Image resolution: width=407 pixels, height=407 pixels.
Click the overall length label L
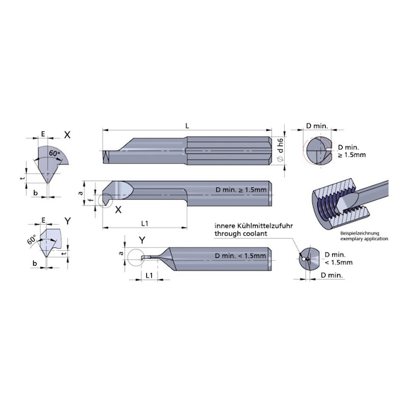[187, 126]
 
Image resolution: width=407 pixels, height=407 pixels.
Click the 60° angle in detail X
[54, 153]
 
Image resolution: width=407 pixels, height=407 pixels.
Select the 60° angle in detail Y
[32, 240]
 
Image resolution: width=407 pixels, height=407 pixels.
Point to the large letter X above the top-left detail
[67, 135]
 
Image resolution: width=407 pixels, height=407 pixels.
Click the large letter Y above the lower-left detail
[68, 221]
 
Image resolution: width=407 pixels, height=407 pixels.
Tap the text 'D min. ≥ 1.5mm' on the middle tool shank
[241, 190]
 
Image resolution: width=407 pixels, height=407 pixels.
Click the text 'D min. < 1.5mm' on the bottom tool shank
[240, 256]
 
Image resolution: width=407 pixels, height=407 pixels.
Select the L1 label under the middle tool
[145, 223]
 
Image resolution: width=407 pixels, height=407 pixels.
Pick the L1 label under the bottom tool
[149, 275]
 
